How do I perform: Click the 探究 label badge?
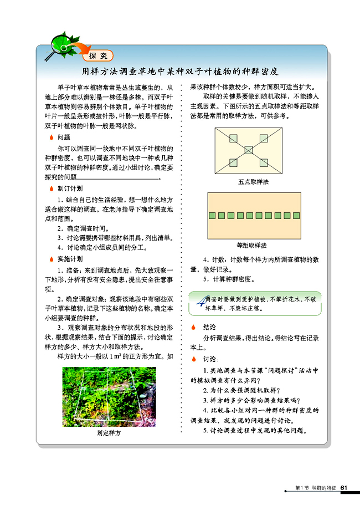click(x=97, y=55)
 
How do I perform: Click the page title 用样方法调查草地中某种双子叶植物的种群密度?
click(x=180, y=72)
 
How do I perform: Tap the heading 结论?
click(x=209, y=327)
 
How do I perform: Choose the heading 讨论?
click(x=210, y=359)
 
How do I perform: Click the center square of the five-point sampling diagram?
click(x=248, y=150)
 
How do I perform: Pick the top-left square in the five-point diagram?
click(x=233, y=137)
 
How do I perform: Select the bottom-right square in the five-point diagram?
click(x=264, y=162)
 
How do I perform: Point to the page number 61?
click(x=343, y=488)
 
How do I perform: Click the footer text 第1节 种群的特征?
click(x=316, y=488)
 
